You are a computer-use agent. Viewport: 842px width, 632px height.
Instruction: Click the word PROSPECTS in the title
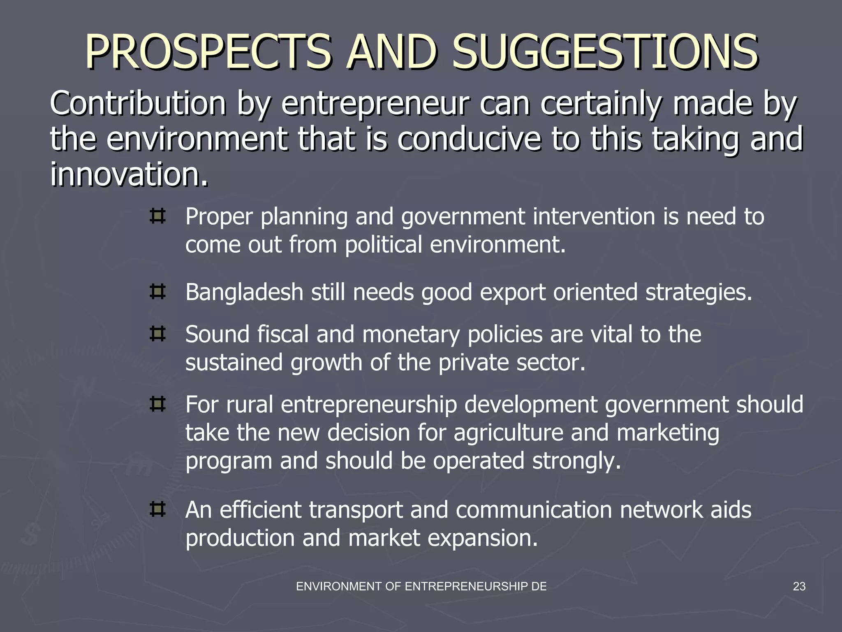click(x=208, y=52)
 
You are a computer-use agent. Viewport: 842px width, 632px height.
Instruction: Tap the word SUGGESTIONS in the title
click(x=605, y=52)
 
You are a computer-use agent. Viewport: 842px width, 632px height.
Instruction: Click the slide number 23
click(x=799, y=587)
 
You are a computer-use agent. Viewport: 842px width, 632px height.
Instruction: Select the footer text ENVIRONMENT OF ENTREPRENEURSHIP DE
click(x=421, y=587)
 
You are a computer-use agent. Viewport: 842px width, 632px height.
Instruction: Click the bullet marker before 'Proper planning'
click(x=157, y=216)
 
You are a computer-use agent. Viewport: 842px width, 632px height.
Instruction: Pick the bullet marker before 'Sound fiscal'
click(x=157, y=334)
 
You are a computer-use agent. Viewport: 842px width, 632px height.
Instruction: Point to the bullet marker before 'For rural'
click(x=157, y=404)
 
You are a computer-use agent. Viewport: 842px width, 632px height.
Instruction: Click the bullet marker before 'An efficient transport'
click(x=157, y=509)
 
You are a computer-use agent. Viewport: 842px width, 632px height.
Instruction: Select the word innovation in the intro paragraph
click(x=129, y=174)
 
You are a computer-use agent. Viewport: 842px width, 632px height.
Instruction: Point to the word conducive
click(x=469, y=139)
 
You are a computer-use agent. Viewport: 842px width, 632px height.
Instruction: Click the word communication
click(x=534, y=510)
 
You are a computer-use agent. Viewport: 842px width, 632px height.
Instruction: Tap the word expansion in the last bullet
click(x=483, y=538)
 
